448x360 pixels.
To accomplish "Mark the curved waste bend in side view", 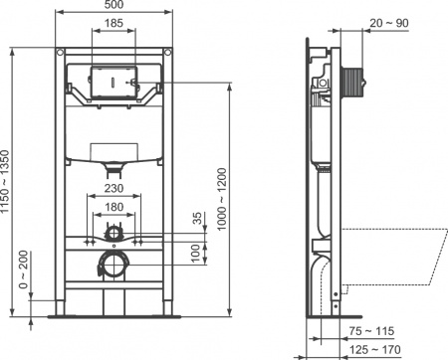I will coord(324,278).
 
